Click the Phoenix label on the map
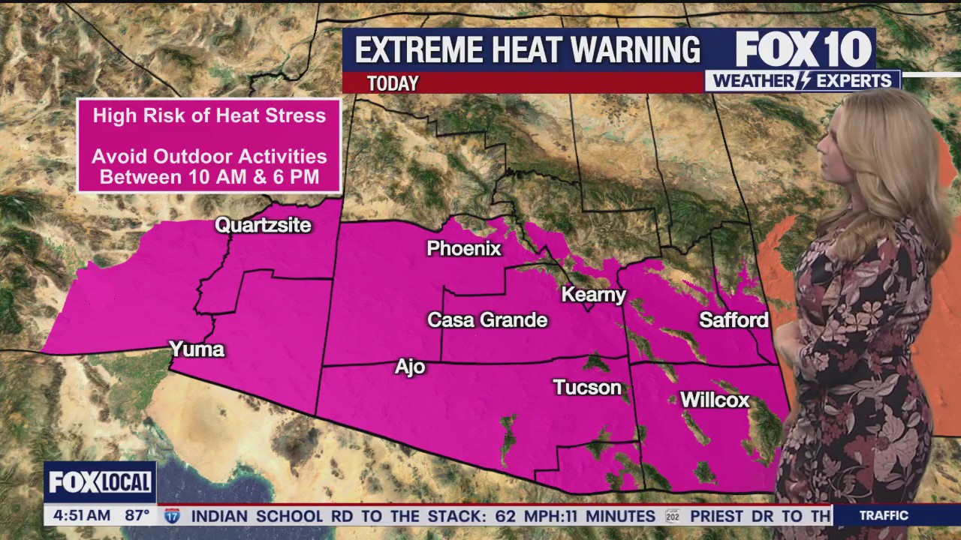click(x=463, y=248)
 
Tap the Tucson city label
click(x=587, y=388)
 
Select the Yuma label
click(x=197, y=349)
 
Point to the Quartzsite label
click(x=263, y=225)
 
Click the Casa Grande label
click(x=487, y=320)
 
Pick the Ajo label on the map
click(x=410, y=367)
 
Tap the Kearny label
click(x=594, y=295)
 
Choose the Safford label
click(x=734, y=320)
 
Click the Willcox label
click(x=715, y=400)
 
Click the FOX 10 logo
click(x=803, y=49)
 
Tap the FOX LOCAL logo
click(x=100, y=482)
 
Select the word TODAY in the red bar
click(x=393, y=83)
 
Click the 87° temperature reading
click(x=137, y=516)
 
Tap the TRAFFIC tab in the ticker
click(x=884, y=516)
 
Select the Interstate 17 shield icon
click(x=173, y=516)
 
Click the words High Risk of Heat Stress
click(x=209, y=115)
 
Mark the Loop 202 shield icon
click(x=672, y=516)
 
